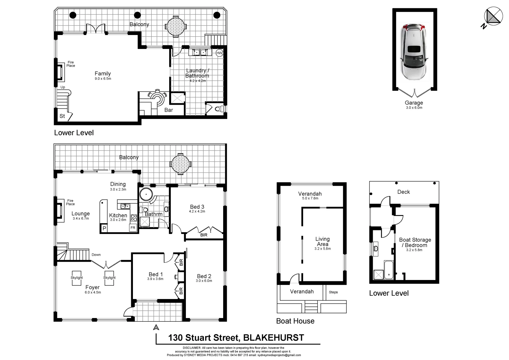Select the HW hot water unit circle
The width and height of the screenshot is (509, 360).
coord(219,53)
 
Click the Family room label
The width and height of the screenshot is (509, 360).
coord(103,74)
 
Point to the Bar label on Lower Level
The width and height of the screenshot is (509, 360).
coord(169,110)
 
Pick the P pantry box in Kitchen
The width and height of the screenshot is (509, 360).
coord(104,228)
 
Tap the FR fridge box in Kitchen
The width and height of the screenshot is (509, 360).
coord(133,228)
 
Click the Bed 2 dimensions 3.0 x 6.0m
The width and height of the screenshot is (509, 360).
coord(204,281)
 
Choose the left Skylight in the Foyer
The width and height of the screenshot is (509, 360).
coord(77,278)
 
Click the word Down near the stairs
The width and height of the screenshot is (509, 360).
coord(96,255)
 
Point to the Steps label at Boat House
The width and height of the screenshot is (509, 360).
coord(333,292)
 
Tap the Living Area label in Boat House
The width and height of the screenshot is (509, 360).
coord(322,241)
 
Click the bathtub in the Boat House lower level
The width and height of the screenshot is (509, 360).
coord(389,270)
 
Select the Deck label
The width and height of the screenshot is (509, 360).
coord(403,192)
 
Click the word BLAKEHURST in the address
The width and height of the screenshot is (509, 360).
coord(273,338)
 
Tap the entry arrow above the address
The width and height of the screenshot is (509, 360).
coord(156,327)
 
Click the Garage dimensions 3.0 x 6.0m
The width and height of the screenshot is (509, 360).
coord(414,108)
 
